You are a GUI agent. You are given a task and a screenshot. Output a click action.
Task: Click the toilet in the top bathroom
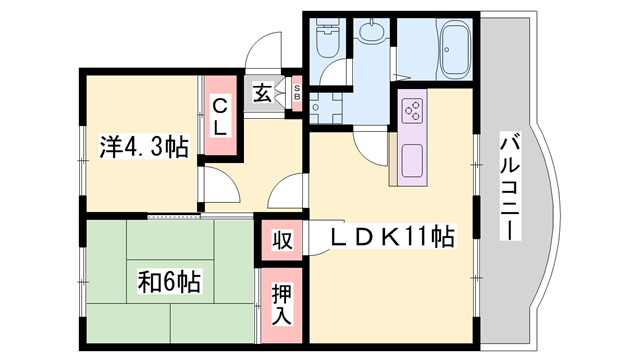click(x=326, y=41)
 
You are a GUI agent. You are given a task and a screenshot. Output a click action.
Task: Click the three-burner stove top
click(x=414, y=111)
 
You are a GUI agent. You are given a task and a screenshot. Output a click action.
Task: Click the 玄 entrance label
click(x=261, y=93)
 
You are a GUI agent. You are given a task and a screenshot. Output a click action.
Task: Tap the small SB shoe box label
click(x=297, y=93)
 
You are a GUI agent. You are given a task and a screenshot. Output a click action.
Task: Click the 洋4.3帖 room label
click(x=144, y=147)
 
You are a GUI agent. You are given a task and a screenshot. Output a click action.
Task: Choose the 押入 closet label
click(x=282, y=301)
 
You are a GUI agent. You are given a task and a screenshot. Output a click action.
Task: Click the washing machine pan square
click(x=324, y=103)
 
